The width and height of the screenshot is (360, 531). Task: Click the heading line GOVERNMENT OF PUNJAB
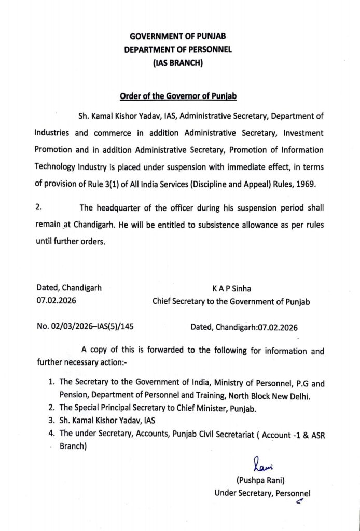point(178,36)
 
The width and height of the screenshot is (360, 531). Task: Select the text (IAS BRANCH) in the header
point(178,64)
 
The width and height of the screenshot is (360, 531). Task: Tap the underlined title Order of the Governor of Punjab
point(178,96)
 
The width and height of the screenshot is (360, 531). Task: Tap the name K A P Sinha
point(231,289)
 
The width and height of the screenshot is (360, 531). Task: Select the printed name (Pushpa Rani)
point(262,480)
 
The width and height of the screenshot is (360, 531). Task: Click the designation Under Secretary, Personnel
point(262,493)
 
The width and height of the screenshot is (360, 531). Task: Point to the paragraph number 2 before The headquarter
point(38,208)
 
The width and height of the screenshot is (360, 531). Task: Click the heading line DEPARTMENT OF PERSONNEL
point(178,50)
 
